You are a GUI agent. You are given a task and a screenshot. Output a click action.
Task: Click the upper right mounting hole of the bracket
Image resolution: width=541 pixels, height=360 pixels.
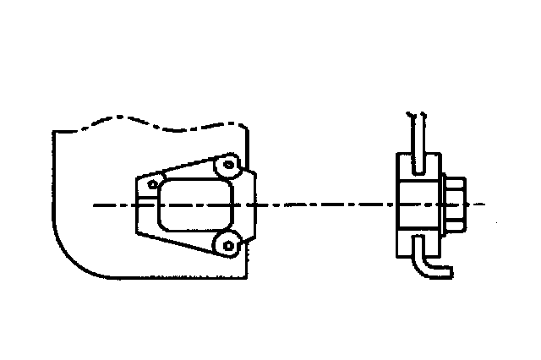point(227,164)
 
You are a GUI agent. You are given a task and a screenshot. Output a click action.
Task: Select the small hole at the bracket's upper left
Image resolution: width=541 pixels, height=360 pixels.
point(153,183)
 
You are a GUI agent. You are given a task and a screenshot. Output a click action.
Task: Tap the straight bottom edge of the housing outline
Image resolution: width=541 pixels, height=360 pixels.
point(169,278)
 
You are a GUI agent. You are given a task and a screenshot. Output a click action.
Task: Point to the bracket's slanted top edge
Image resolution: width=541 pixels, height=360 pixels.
point(182,166)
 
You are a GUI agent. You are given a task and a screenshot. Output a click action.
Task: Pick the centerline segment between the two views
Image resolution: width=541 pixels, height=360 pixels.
point(321,205)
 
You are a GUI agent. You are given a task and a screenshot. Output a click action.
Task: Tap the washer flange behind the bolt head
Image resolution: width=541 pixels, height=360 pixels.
point(444,204)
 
